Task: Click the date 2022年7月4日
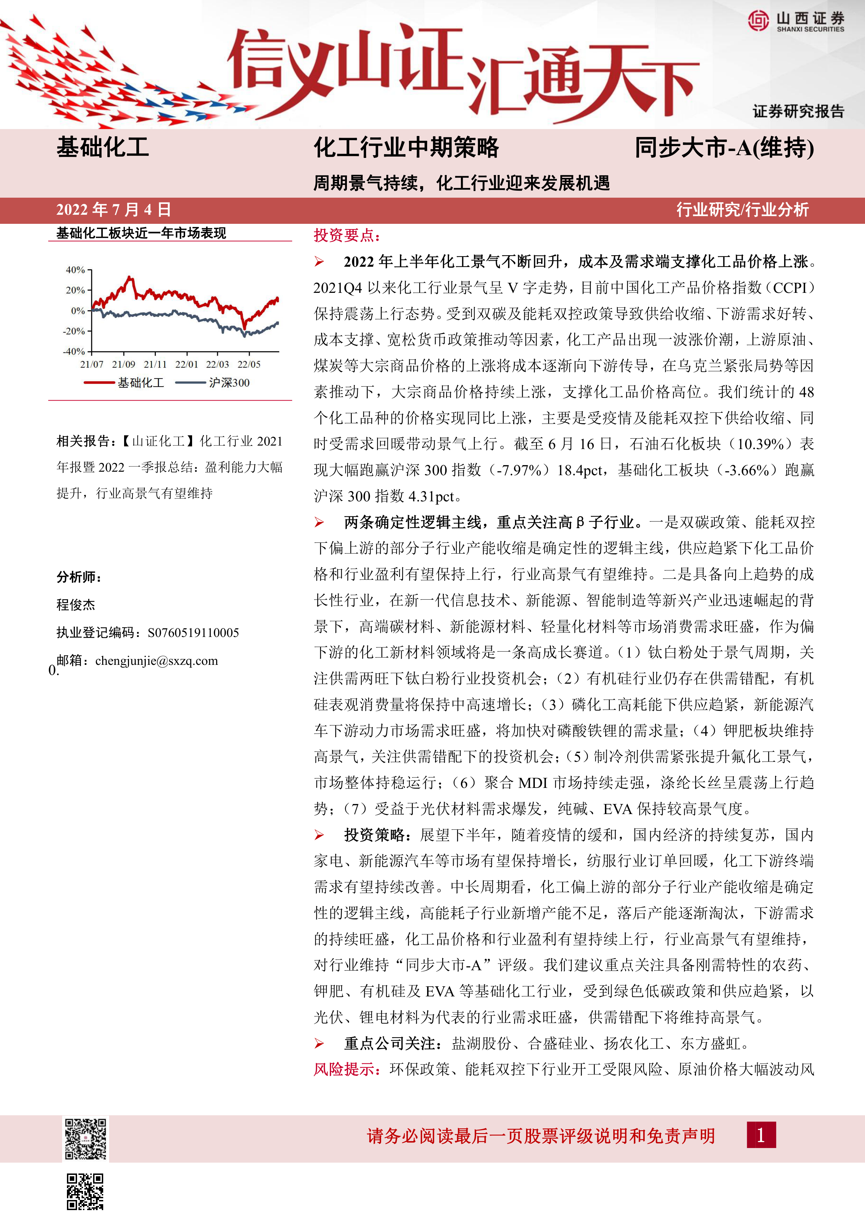113,209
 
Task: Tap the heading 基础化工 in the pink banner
103,147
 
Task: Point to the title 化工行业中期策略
406,147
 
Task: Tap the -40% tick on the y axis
74,351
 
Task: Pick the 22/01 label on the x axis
187,364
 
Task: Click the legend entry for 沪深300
229,382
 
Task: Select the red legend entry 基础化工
141,382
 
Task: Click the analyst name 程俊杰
76,605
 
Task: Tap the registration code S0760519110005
193,632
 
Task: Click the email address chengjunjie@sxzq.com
157,661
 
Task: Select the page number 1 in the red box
761,1135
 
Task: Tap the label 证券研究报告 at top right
798,111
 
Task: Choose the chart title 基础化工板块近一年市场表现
141,233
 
